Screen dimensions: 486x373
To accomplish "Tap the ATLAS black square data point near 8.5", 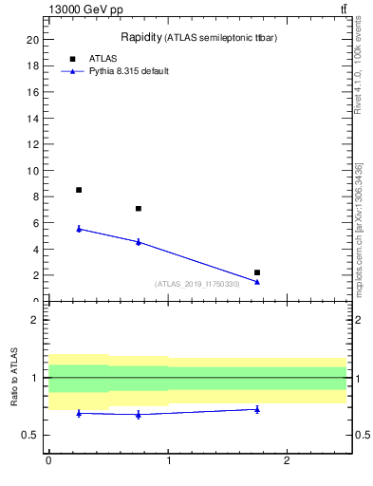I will coord(79,190).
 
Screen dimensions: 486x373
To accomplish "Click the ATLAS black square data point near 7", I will coord(139,209).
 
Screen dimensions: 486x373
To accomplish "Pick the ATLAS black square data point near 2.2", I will coord(257,272).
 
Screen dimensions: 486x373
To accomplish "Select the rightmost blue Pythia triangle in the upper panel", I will coord(257,282).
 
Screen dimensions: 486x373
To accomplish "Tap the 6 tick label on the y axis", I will coord(35,223).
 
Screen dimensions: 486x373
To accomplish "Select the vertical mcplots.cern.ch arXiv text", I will coord(358,228).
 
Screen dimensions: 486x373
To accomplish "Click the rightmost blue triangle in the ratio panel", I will coord(257,409).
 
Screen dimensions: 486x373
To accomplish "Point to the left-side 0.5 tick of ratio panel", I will coord(34,435).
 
